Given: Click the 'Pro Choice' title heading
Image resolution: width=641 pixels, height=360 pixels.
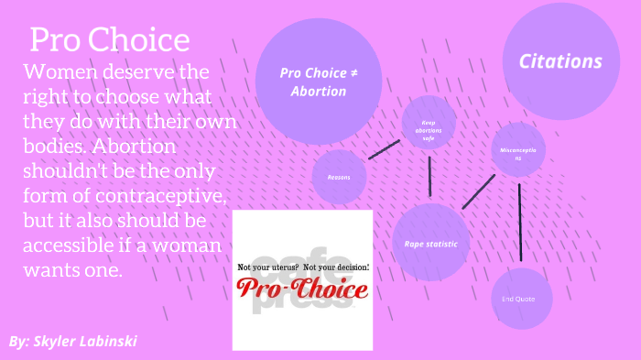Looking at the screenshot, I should click(110, 40).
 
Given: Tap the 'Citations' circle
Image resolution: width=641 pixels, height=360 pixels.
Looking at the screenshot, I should click(560, 62).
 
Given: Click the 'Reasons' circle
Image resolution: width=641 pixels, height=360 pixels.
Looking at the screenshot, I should click(339, 177).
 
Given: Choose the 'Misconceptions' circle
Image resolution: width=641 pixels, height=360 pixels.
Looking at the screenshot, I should click(517, 153).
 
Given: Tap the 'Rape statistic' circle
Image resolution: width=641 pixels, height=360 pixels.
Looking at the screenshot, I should click(430, 244).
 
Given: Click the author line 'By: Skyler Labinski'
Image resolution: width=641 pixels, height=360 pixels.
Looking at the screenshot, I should click(73, 341).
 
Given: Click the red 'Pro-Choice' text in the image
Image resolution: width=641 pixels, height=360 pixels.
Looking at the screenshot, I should click(302, 289).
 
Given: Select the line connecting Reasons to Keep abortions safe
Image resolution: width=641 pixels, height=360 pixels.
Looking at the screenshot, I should click(384, 150).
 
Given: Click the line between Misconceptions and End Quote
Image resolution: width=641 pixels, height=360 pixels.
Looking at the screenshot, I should click(520, 223).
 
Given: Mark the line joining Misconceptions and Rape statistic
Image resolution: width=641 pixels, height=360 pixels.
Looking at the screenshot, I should click(478, 191).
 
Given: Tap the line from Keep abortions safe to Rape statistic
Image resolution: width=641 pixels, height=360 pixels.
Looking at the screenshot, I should click(429, 177).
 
